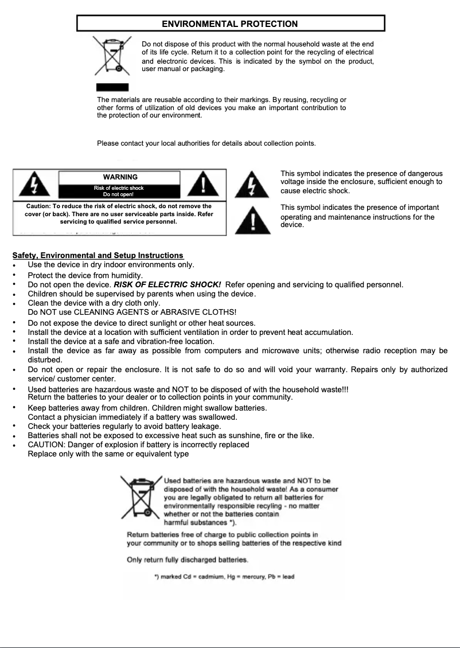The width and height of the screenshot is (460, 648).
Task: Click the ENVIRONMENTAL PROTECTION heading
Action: [x=230, y=24]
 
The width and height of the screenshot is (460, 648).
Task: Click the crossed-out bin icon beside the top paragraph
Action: [x=112, y=56]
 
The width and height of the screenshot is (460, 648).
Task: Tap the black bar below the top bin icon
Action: [x=108, y=88]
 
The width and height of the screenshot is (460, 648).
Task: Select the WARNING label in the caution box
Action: [x=120, y=177]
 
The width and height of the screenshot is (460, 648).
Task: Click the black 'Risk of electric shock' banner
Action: [x=119, y=191]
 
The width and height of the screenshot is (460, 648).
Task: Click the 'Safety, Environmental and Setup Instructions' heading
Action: [x=98, y=256]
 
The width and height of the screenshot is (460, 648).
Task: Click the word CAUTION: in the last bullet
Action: [x=46, y=444]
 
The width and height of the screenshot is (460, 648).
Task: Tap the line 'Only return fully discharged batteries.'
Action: [x=188, y=560]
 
